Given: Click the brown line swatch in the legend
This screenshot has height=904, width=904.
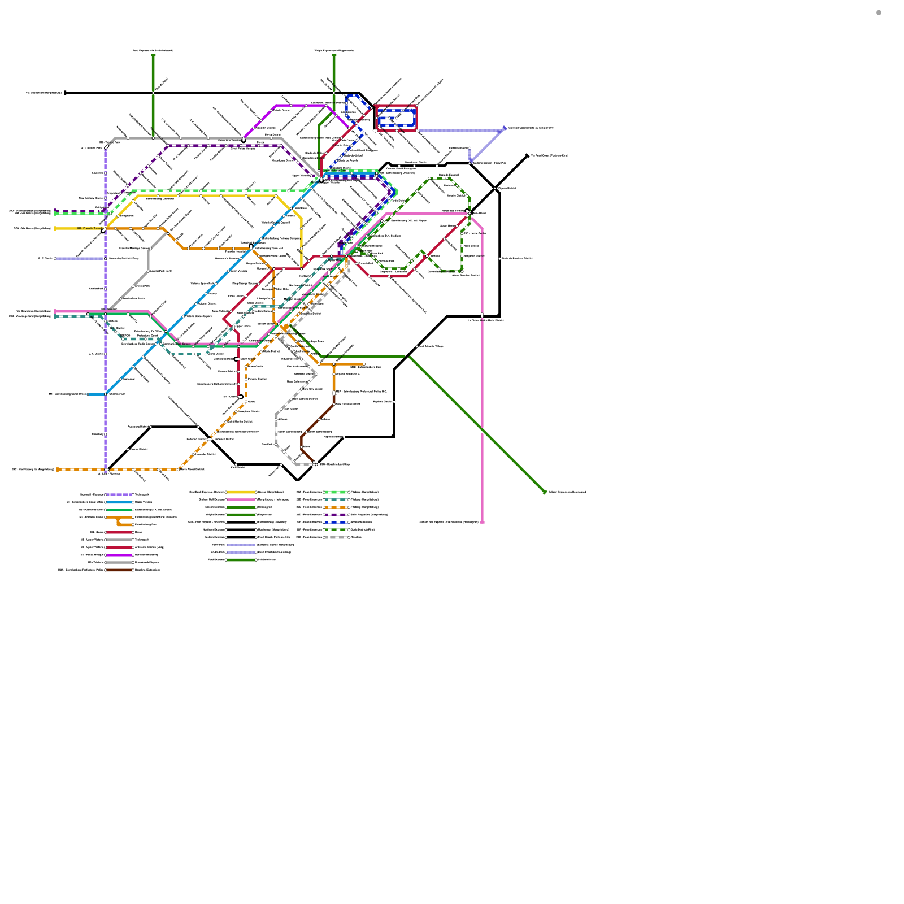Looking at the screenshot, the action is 119,570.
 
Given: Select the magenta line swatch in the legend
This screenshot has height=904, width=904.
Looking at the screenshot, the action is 119,555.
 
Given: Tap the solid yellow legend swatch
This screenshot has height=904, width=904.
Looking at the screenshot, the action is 241,492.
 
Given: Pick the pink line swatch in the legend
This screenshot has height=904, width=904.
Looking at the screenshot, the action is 241,499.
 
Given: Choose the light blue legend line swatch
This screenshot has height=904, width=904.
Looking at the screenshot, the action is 119,502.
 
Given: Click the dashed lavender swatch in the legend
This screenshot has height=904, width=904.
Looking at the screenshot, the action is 119,494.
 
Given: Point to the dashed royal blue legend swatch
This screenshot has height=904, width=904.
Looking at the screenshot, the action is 336,522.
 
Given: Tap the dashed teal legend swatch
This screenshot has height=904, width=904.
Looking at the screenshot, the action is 336,499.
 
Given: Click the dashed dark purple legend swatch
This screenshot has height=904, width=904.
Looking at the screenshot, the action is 336,515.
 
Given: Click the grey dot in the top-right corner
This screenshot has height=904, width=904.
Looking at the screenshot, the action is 879,12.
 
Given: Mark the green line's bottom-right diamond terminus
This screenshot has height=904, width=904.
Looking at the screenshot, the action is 545,492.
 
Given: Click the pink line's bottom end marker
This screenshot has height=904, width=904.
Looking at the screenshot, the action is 482,522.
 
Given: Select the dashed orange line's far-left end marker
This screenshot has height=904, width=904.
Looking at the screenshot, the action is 58,470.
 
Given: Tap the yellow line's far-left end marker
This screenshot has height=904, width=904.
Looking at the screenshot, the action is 55,229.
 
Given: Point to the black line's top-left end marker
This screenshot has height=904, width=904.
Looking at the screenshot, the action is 66,93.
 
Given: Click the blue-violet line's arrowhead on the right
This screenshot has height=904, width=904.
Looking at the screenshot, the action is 504,129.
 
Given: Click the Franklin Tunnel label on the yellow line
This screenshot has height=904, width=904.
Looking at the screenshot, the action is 90,228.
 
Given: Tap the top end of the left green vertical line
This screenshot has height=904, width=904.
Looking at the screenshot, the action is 153,55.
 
